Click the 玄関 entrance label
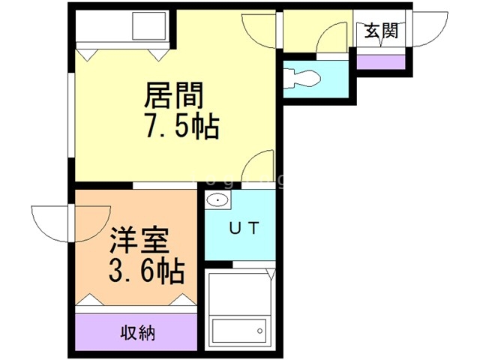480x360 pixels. pyautogui.click(x=382, y=31)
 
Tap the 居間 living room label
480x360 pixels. pyautogui.click(x=173, y=96)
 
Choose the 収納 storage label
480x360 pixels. pyautogui.click(x=137, y=332)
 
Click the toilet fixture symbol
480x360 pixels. pyautogui.click(x=303, y=76)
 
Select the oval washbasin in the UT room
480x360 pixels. pyautogui.click(x=217, y=201)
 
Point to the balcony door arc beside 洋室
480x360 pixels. pyautogui.click(x=50, y=223)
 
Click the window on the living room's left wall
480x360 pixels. pyautogui.click(x=72, y=120)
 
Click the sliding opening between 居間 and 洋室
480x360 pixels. pyautogui.click(x=165, y=184)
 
